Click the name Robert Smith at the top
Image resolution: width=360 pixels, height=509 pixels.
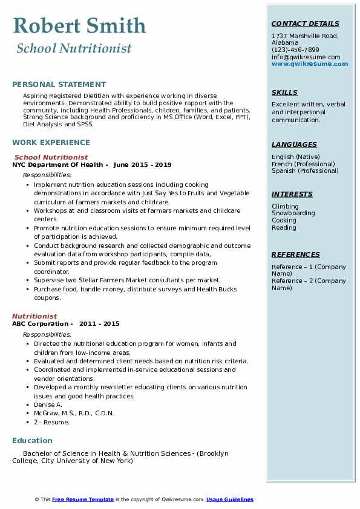pyautogui.click(x=79, y=25)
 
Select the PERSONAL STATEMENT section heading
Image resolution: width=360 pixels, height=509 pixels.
pyautogui.click(x=59, y=85)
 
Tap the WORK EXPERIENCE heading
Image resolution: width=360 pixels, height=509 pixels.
pyautogui.click(x=51, y=143)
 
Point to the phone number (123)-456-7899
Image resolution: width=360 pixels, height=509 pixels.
pyautogui.click(x=295, y=50)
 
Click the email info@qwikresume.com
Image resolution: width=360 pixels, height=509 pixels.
pyautogui.click(x=306, y=57)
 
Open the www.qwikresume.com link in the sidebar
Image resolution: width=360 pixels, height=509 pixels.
pyautogui.click(x=310, y=63)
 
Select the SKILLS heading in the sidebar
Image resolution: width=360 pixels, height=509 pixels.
pyautogui.click(x=284, y=92)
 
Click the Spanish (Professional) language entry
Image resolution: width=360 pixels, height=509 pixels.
pyautogui.click(x=304, y=171)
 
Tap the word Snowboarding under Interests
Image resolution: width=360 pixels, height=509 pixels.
pyautogui.click(x=293, y=213)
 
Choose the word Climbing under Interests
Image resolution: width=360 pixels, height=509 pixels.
pyautogui.click(x=285, y=206)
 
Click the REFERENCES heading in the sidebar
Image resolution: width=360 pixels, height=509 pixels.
pyautogui.click(x=295, y=254)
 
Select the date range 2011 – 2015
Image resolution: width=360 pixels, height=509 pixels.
pyautogui.click(x=103, y=324)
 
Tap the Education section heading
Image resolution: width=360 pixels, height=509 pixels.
pyautogui.click(x=32, y=441)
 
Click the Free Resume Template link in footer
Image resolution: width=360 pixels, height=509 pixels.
pyautogui.click(x=83, y=499)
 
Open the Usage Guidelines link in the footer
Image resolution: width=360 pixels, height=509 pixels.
pyautogui.click(x=229, y=499)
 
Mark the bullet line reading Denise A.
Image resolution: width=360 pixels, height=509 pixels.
pyautogui.click(x=48, y=404)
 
